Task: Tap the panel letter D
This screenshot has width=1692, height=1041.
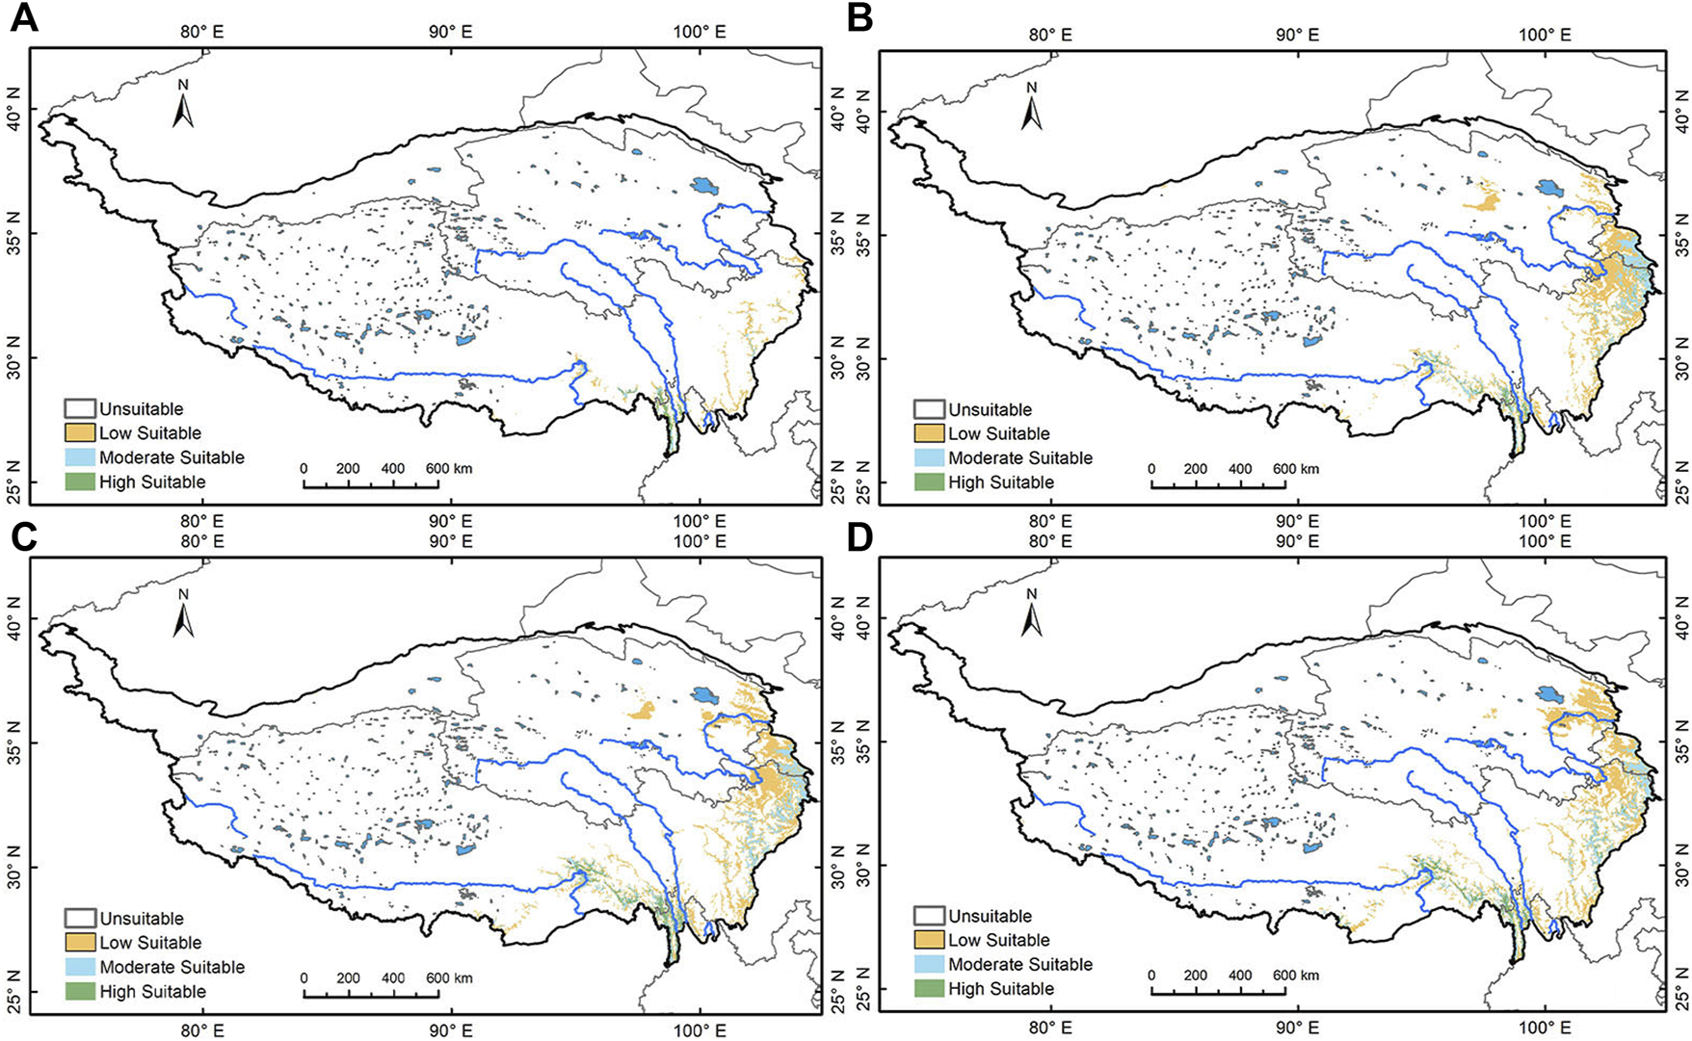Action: pyautogui.click(x=859, y=538)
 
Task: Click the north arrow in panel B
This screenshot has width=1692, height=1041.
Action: pyautogui.click(x=1032, y=108)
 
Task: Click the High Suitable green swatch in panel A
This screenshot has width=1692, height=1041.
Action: pyautogui.click(x=80, y=481)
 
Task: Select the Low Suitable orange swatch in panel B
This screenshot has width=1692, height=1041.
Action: pyautogui.click(x=929, y=433)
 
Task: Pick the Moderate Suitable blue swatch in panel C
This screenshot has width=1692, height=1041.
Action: pyautogui.click(x=80, y=967)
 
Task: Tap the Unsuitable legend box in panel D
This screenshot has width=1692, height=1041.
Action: pyautogui.click(x=929, y=916)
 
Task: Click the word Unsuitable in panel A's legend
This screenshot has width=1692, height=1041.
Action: pyautogui.click(x=141, y=409)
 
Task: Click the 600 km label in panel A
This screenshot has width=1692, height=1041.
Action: pyautogui.click(x=449, y=469)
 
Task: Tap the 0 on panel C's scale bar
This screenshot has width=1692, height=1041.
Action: pyautogui.click(x=304, y=978)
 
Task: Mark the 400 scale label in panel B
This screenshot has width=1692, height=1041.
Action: pyautogui.click(x=1240, y=469)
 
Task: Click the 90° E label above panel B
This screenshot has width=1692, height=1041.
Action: pyautogui.click(x=1297, y=34)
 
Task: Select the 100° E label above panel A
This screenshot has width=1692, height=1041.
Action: pyautogui.click(x=701, y=32)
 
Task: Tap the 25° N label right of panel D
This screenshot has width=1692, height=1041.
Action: pyautogui.click(x=1681, y=997)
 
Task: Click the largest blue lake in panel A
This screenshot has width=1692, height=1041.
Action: pyautogui.click(x=704, y=184)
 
